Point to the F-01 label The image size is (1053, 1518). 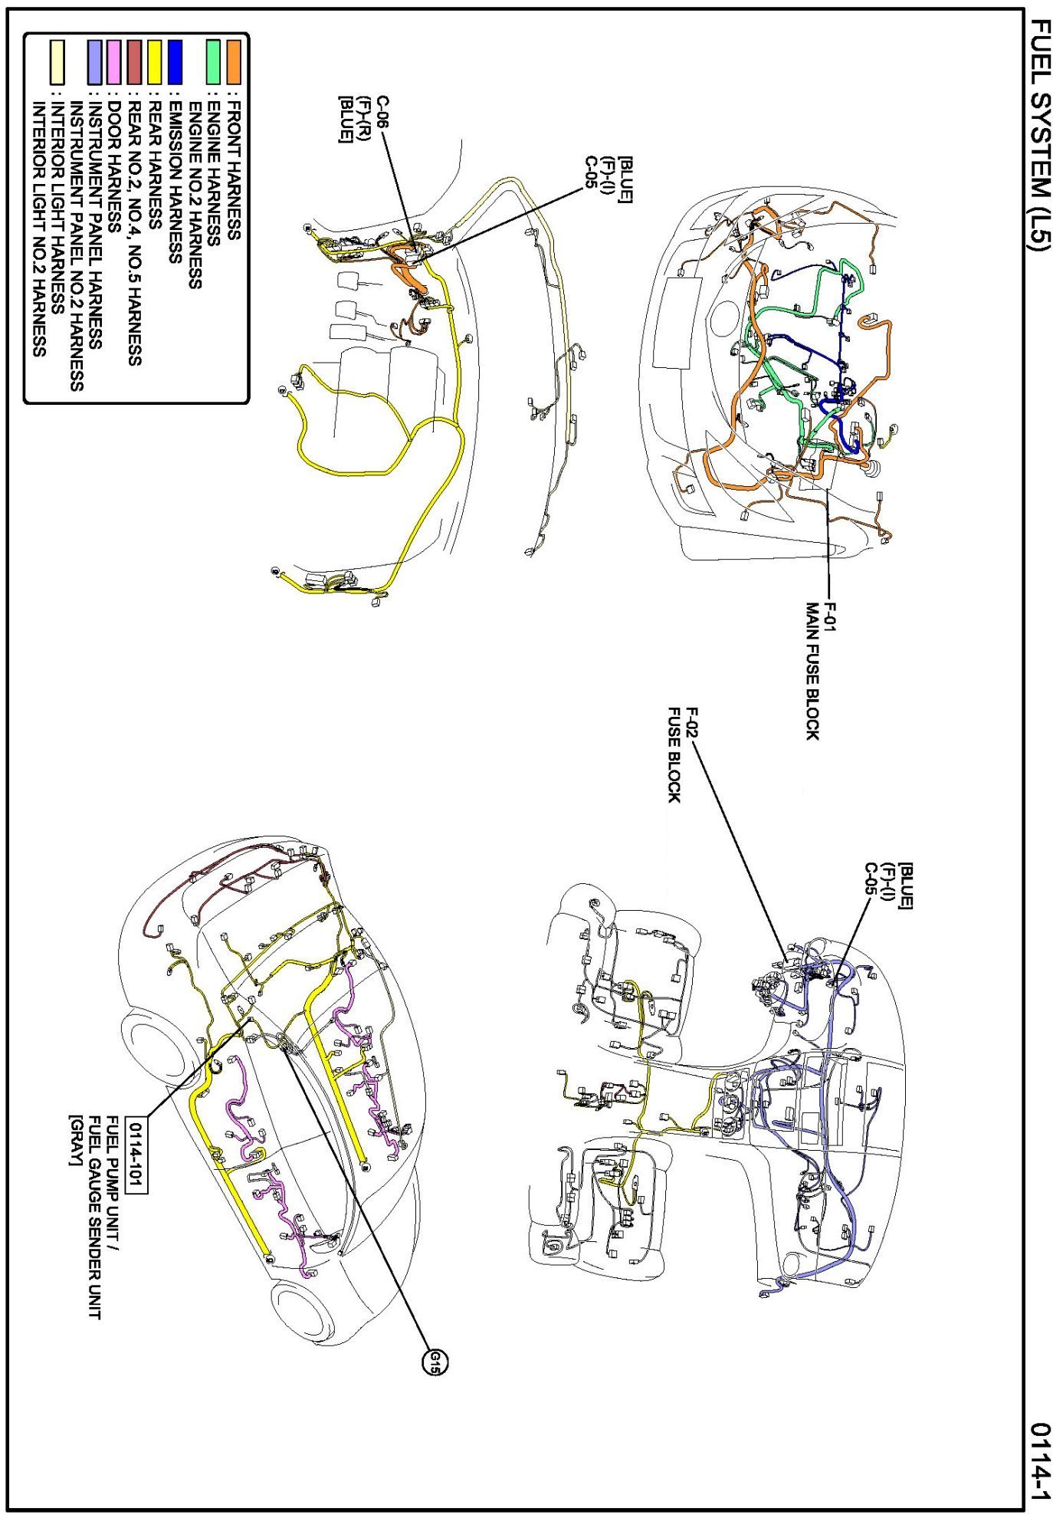click(x=830, y=618)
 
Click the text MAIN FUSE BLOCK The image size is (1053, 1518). click(x=812, y=670)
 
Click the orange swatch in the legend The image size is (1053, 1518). click(x=233, y=61)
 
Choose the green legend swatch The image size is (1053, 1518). click(x=214, y=61)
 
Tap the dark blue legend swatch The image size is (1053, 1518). click(x=174, y=61)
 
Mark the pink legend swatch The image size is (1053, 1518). click(x=114, y=61)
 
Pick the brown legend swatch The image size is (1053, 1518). click(x=134, y=61)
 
